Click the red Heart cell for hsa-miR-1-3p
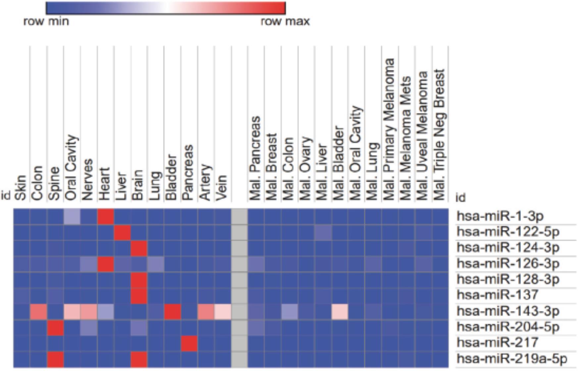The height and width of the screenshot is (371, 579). click(x=106, y=216)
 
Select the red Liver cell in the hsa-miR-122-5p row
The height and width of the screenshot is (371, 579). click(x=123, y=232)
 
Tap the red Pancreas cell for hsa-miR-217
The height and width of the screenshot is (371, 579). click(x=189, y=343)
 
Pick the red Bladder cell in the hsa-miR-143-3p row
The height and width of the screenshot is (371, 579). click(x=173, y=312)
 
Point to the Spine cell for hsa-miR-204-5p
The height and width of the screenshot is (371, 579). click(x=55, y=327)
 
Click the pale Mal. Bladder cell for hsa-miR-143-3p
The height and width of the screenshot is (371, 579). click(x=340, y=312)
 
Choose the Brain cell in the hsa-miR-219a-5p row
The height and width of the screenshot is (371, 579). click(x=139, y=359)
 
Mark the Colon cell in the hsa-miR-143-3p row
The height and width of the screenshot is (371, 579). click(x=38, y=312)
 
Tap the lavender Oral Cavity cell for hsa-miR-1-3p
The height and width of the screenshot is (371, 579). click(x=72, y=216)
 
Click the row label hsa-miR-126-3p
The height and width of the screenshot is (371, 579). click(x=508, y=264)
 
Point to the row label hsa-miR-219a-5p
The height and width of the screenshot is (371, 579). click(x=512, y=358)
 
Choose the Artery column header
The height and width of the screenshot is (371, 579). click(x=205, y=182)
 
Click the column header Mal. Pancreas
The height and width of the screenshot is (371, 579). click(x=255, y=158)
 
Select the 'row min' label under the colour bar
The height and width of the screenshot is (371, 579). click(x=46, y=22)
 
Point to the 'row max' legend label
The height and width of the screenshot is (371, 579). click(x=285, y=22)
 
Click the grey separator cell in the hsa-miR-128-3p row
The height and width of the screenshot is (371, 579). click(x=239, y=280)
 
